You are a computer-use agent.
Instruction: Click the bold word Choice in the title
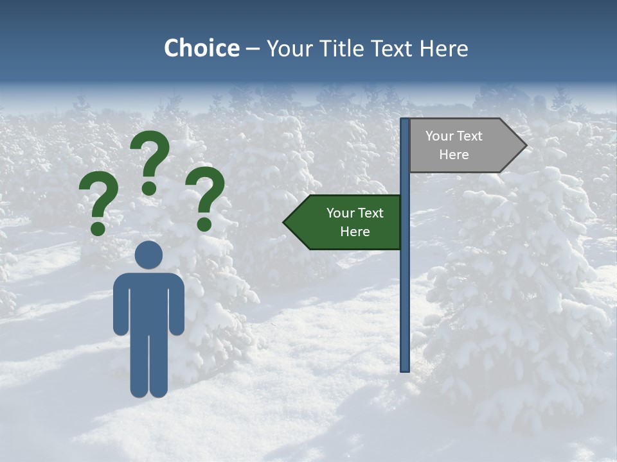(201, 49)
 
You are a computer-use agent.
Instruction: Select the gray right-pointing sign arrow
(463, 146)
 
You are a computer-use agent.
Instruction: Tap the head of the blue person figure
(148, 254)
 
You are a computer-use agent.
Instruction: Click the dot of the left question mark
(98, 228)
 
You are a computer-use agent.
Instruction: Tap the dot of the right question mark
(204, 224)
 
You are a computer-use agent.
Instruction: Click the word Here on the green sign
(354, 232)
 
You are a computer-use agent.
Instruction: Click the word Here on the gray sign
(454, 155)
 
